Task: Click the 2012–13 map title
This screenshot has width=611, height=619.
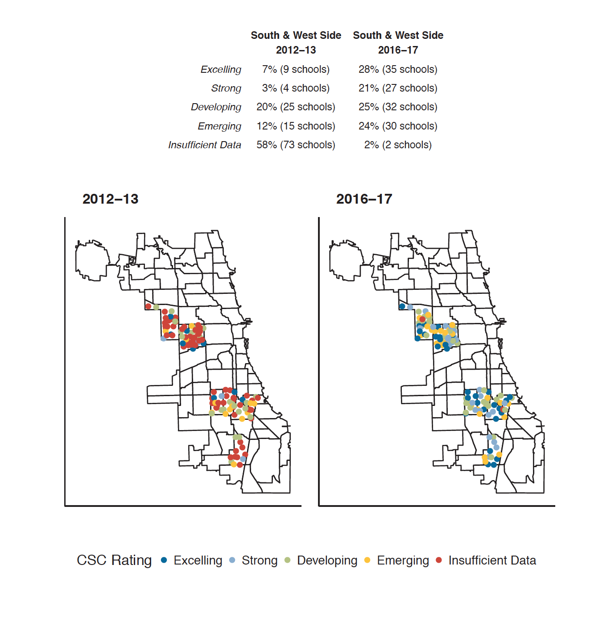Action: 110,199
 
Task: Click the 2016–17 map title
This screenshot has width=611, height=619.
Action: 364,199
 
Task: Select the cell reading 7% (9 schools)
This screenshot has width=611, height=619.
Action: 296,70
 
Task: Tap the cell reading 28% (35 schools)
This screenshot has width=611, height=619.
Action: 398,70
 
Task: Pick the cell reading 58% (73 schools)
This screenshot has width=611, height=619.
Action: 296,145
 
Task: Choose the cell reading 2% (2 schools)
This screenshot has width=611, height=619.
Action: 398,145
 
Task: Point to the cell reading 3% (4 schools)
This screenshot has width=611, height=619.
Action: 296,88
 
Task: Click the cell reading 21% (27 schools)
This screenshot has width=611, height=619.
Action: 398,88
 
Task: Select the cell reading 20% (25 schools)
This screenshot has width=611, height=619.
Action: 296,107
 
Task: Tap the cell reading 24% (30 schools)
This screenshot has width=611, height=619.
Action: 398,126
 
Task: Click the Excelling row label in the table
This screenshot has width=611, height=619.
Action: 221,70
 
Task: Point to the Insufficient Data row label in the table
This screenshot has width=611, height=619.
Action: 205,145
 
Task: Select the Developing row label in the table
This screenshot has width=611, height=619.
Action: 216,107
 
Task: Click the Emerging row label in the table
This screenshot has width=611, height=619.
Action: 219,126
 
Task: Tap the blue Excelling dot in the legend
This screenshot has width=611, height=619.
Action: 164,560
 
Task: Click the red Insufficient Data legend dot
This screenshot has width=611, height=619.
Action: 439,560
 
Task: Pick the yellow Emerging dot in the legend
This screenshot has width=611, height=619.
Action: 367,560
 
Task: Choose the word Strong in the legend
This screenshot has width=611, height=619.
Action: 260,560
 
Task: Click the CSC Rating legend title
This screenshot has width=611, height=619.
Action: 114,560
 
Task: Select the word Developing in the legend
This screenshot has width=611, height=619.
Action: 327,560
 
